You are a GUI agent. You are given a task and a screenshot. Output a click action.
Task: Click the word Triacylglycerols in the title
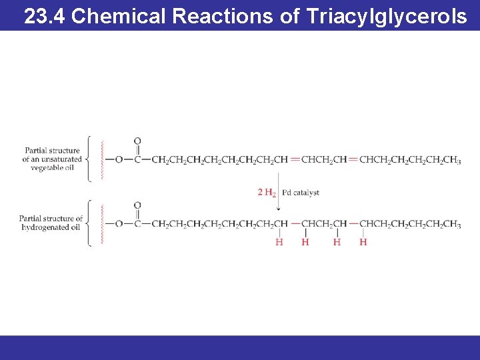[387, 16]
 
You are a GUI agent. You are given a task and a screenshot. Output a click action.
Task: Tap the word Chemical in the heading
[117, 16]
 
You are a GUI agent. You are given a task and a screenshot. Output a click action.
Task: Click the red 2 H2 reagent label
[267, 193]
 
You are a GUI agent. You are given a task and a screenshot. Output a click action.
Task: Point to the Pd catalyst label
[301, 193]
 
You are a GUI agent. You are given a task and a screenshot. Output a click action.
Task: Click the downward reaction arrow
[278, 193]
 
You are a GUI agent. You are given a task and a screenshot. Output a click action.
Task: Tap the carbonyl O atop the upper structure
[137, 141]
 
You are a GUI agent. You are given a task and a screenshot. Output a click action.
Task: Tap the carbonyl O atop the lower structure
[137, 205]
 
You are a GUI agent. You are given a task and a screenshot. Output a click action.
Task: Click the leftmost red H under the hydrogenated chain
[279, 242]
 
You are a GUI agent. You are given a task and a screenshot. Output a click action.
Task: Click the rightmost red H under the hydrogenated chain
[363, 242]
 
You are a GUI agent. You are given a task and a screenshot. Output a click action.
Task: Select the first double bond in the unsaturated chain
[295, 159]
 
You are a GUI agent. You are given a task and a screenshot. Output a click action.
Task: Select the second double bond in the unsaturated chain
[353, 159]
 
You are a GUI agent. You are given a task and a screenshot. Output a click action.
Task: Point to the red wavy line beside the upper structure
[102, 160]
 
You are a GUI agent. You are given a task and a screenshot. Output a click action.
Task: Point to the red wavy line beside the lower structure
[102, 225]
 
